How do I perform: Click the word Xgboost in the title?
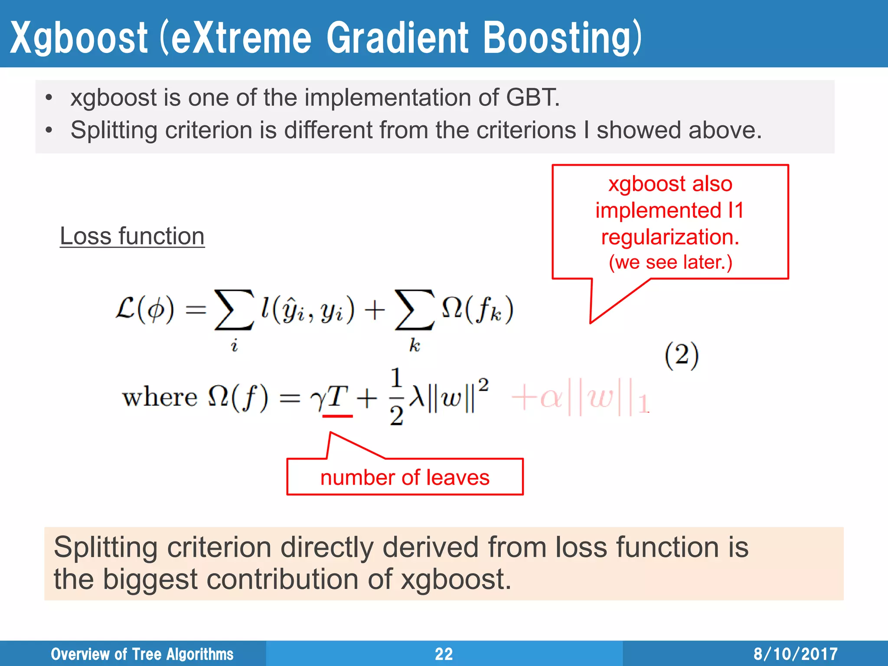point(78,38)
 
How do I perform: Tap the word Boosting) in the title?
point(562,38)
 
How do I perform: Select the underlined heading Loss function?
point(132,236)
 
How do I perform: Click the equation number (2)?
point(682,356)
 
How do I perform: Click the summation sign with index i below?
point(234,310)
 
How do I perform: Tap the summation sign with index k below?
point(414,310)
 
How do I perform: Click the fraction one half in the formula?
point(396,397)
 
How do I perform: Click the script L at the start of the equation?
point(126,309)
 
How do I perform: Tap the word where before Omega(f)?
point(160,397)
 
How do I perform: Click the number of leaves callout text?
point(405,477)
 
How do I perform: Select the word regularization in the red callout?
point(670,237)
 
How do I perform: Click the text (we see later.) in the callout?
point(670,262)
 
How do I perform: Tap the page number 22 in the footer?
point(444,654)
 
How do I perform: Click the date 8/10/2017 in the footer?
point(795,654)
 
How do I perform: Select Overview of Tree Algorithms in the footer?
point(142,654)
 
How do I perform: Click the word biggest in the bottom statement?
point(150,580)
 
